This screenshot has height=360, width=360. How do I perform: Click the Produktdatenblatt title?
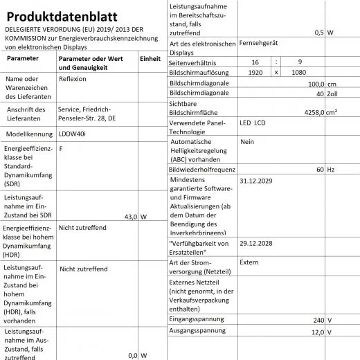point(60,16)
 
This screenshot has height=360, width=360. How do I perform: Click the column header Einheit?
point(150,60)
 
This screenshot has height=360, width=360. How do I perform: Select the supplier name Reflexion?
point(73,80)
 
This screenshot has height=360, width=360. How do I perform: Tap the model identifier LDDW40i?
point(73,135)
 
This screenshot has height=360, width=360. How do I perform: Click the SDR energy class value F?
point(61,149)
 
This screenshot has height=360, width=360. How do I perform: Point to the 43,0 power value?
point(130,217)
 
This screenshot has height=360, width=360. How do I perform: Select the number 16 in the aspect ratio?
point(255,62)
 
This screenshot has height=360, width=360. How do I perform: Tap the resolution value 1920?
point(255,72)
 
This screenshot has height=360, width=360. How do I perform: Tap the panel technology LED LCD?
point(252,124)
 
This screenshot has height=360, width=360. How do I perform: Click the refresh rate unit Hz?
point(331,169)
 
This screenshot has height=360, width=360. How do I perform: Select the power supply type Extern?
point(249,262)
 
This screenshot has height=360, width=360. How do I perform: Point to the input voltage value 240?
point(318,320)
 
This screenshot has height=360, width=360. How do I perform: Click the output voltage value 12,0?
point(317,332)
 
